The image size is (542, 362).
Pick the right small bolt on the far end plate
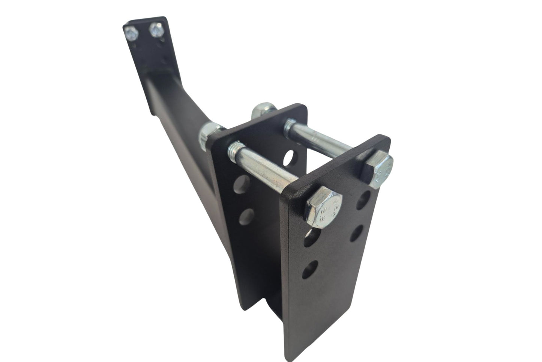(x=156, y=30)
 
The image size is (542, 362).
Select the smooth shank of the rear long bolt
(x=323, y=141)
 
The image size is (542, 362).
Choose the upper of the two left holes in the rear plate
(x=239, y=185)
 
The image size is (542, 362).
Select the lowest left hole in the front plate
(x=310, y=269)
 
